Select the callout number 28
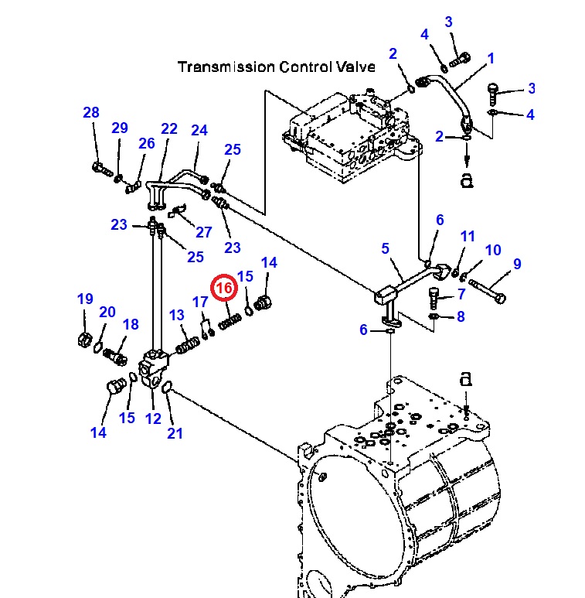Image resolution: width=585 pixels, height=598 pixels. [91, 113]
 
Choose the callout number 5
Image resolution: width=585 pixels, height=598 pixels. [385, 248]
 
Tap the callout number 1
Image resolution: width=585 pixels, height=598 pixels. [490, 59]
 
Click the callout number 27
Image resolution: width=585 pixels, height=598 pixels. [203, 232]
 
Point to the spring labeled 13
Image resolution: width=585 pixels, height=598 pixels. [189, 341]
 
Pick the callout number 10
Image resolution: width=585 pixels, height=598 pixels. [493, 250]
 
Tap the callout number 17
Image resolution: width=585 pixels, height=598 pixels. [200, 302]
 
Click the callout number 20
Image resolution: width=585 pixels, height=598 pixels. [107, 312]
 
